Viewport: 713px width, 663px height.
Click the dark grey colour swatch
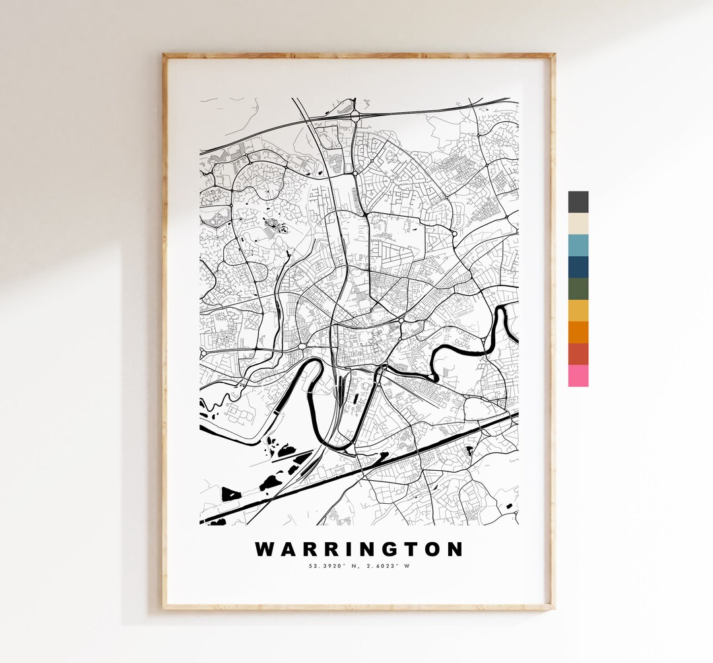[578, 202]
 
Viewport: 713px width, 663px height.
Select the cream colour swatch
[578, 224]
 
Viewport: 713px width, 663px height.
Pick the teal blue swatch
[578, 246]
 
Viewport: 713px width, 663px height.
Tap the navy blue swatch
[578, 267]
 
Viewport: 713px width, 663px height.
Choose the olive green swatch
[578, 289]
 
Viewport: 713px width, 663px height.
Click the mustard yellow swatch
[578, 311]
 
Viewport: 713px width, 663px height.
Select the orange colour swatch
[578, 332]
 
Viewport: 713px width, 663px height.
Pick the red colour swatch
[578, 354]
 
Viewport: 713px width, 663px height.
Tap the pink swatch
[578, 376]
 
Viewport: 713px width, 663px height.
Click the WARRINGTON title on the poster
[359, 549]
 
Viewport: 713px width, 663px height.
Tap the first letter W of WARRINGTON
[265, 549]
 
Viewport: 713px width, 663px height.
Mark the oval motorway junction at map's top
[355, 116]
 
